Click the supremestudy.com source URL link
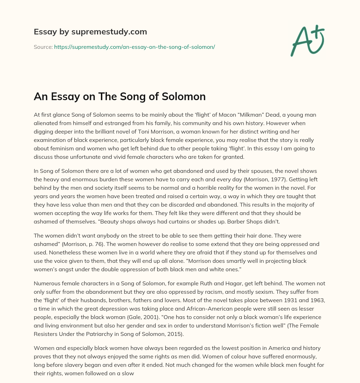click(x=134, y=47)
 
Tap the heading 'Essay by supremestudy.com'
click(x=90, y=32)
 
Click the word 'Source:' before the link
click(x=43, y=47)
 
